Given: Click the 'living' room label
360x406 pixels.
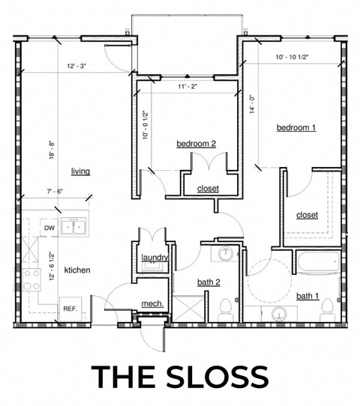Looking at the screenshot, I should pyautogui.click(x=80, y=172).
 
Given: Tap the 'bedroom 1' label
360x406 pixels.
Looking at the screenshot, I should pyautogui.click(x=296, y=128).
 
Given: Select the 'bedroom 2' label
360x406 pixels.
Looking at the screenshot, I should pyautogui.click(x=196, y=143).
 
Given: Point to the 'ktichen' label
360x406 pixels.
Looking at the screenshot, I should pyautogui.click(x=78, y=270).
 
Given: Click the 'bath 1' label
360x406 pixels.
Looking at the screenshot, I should pyautogui.click(x=307, y=297).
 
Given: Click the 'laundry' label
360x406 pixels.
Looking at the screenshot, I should pyautogui.click(x=154, y=258).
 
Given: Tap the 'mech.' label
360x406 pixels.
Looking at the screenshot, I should pyautogui.click(x=152, y=303).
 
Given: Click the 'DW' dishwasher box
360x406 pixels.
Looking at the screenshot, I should pyautogui.click(x=49, y=227).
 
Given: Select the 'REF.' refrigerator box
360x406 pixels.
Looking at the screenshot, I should pyautogui.click(x=70, y=309).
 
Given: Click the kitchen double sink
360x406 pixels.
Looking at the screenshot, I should pyautogui.click(x=73, y=226).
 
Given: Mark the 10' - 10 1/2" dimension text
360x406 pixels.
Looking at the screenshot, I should pyautogui.click(x=293, y=57).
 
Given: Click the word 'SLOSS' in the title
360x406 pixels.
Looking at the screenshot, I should pyautogui.click(x=216, y=375).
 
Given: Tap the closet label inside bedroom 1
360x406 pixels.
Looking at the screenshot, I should pyautogui.click(x=307, y=215).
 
